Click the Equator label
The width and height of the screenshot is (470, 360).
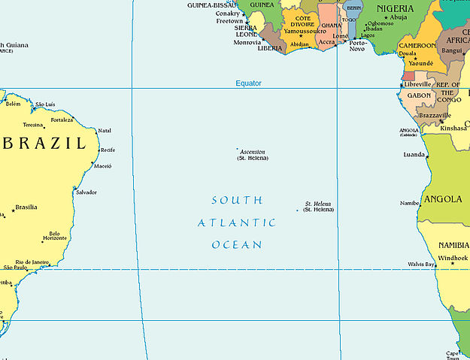[248, 83]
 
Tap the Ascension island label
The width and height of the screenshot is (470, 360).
[252, 152]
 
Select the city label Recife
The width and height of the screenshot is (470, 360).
[108, 150]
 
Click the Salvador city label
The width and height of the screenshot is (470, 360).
[86, 192]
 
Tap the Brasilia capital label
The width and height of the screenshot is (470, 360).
[26, 207]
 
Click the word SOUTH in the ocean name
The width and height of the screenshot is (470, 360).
[237, 201]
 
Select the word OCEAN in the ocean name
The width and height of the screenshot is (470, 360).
[237, 245]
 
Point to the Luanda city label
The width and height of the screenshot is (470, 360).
[414, 155]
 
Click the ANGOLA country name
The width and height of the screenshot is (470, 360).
[443, 199]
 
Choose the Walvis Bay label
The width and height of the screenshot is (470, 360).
[420, 265]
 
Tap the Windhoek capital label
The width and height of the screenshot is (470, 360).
[453, 259]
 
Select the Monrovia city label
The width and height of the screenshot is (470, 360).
[247, 43]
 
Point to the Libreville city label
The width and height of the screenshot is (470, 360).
[418, 84]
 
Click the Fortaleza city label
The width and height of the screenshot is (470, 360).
[62, 120]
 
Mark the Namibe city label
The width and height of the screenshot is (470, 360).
[410, 203]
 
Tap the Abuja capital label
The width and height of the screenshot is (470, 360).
[399, 17]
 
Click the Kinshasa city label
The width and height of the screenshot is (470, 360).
[453, 128]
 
